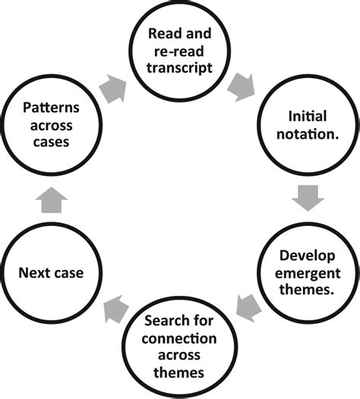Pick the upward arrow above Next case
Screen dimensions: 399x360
[52, 201]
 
